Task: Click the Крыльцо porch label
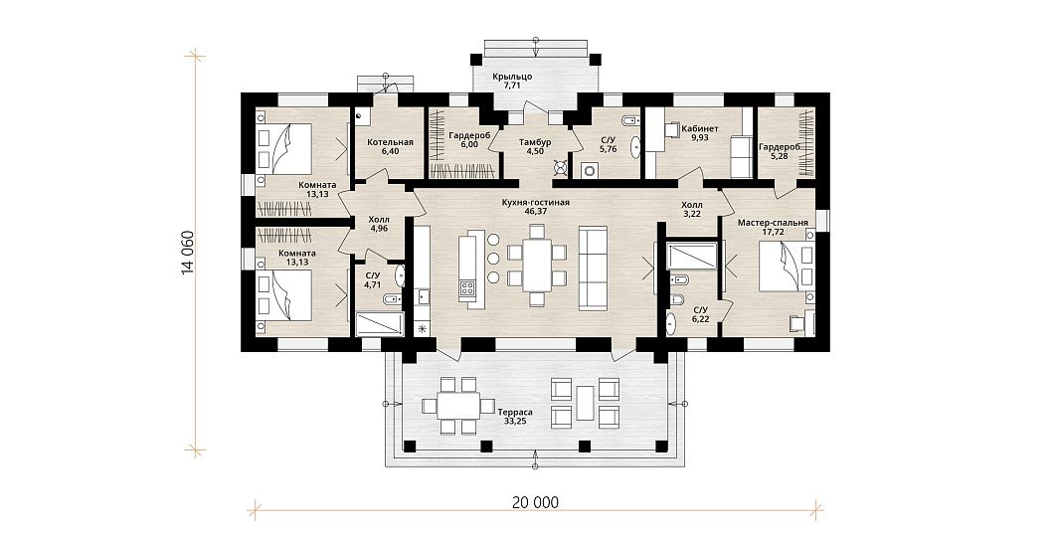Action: [x=513, y=77]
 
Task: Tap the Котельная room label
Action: [x=390, y=142]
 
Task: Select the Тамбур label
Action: [x=535, y=142]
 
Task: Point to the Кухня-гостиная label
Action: [x=536, y=202]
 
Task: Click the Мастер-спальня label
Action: [x=773, y=222]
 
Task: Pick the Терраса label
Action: [x=515, y=412]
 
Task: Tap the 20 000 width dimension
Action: [x=536, y=502]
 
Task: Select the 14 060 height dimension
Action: [x=187, y=254]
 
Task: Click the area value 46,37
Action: [x=535, y=211]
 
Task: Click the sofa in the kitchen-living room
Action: [x=593, y=269]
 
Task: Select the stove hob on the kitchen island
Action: [x=467, y=290]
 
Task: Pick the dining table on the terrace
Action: [x=458, y=405]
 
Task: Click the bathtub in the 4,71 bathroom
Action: [x=380, y=323]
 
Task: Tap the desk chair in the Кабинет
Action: [x=672, y=129]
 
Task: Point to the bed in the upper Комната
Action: [x=284, y=148]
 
